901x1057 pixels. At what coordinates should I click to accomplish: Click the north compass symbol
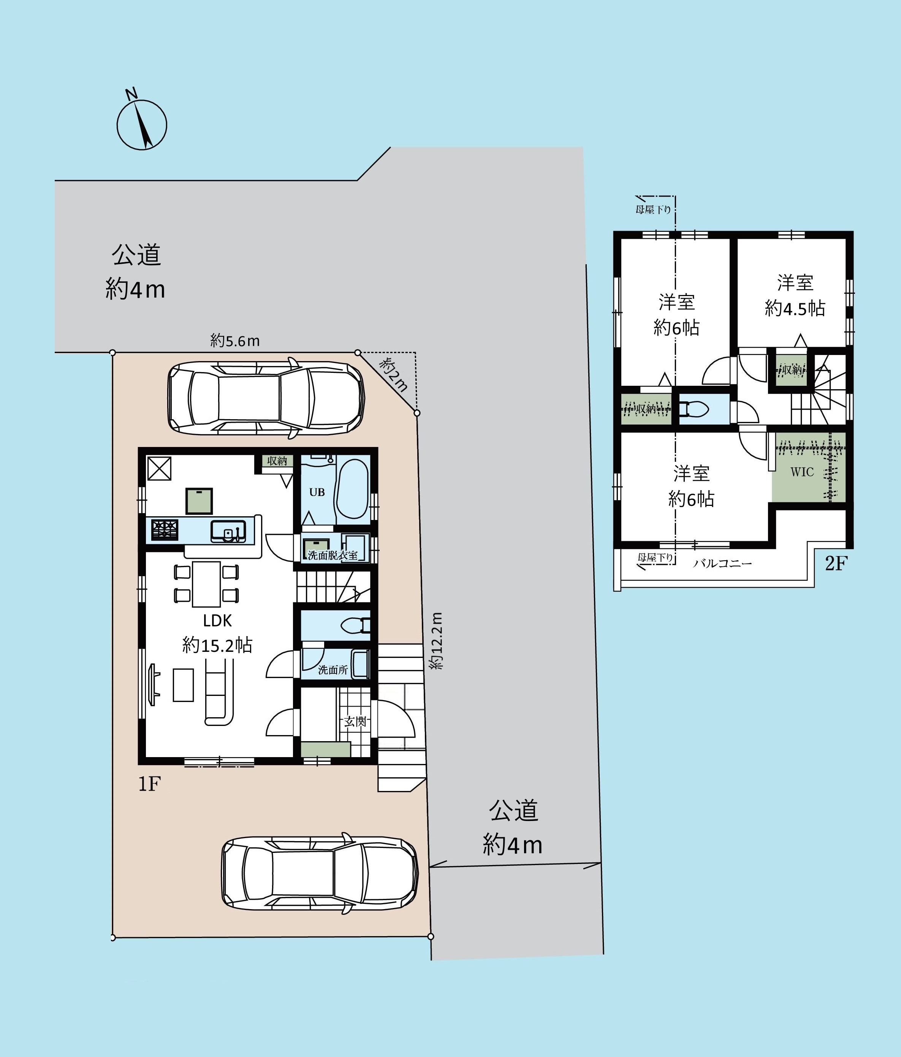[x=142, y=124]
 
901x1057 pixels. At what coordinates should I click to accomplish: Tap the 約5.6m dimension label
[x=235, y=341]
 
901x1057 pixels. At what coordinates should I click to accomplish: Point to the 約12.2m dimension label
[x=437, y=641]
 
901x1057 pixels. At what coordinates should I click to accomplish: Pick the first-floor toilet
[x=355, y=626]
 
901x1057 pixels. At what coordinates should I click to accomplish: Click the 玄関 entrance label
[x=355, y=721]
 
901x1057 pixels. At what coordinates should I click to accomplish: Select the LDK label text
[x=217, y=620]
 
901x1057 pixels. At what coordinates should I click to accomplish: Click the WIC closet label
[x=802, y=472]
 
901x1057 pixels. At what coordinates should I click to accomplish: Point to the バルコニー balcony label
[x=722, y=564]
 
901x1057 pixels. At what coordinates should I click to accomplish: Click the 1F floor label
[x=150, y=784]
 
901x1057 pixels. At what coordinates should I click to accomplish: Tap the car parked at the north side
[x=266, y=398]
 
